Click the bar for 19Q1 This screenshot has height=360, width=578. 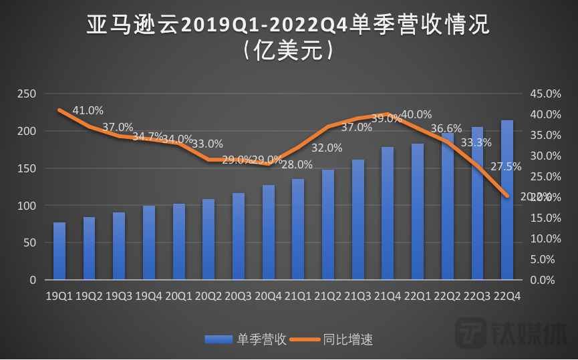(x=59, y=251)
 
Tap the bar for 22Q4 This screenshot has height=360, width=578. (x=507, y=200)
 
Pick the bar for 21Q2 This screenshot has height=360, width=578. (x=327, y=224)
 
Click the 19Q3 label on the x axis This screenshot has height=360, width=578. (x=119, y=295)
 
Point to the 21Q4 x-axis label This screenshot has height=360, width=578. (x=388, y=295)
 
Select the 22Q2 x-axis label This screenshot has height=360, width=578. (x=448, y=295)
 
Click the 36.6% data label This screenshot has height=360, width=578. (x=446, y=128)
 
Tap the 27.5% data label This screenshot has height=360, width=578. (x=506, y=166)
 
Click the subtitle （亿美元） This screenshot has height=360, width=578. (x=289, y=51)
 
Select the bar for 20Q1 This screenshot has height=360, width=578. (x=178, y=242)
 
